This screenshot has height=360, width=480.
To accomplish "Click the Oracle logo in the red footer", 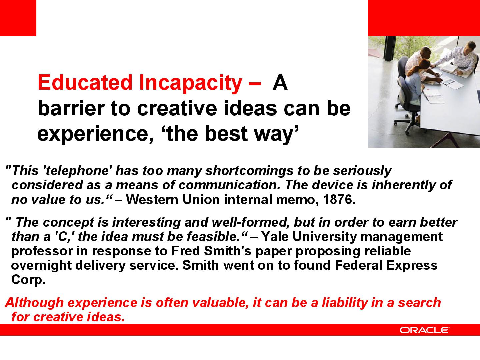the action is [424, 330].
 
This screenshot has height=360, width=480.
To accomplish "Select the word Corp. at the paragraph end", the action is [28, 280].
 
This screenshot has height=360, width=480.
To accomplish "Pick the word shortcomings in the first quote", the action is [250, 171].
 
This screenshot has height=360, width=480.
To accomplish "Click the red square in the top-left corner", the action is [18, 18].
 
